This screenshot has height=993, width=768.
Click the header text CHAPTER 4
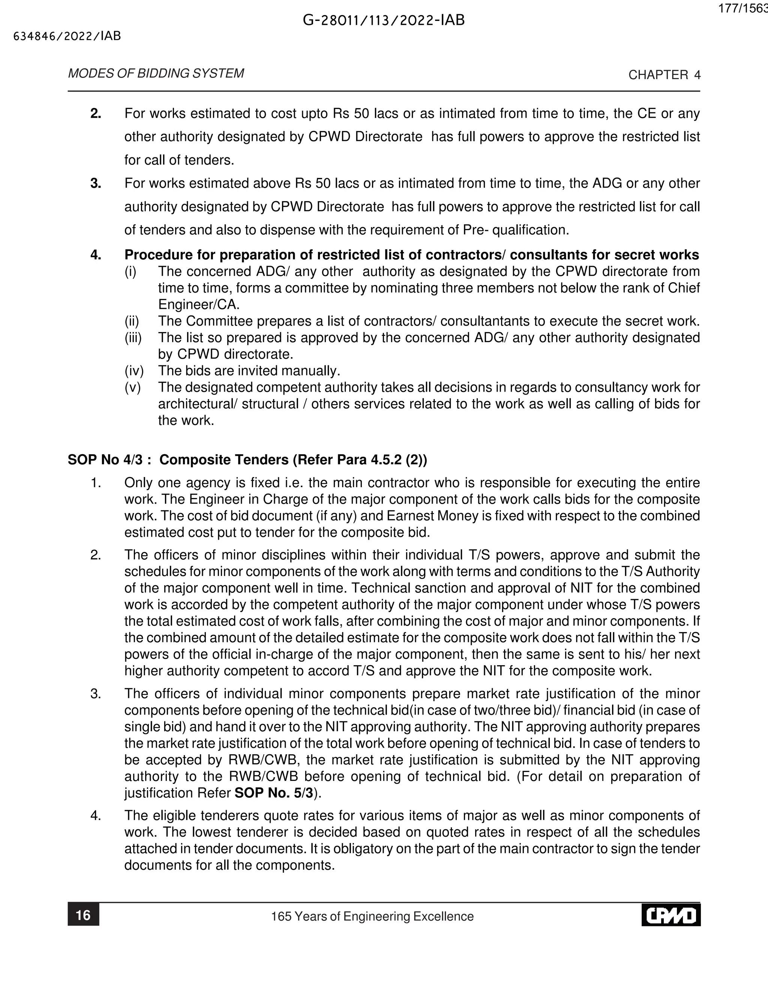pos(664,75)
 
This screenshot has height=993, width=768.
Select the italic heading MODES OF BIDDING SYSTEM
pos(156,74)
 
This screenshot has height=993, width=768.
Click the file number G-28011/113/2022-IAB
pos(384,21)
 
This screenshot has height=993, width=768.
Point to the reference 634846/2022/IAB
pos(67,36)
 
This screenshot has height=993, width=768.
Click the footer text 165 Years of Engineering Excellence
pos(372,916)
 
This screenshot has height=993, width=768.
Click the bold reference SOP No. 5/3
pos(273,793)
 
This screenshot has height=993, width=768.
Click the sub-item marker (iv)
pos(134,371)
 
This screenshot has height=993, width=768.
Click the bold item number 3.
pos(96,184)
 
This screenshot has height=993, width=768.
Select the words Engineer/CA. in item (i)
pos(199,305)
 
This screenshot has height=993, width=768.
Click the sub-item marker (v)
pos(133,387)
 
